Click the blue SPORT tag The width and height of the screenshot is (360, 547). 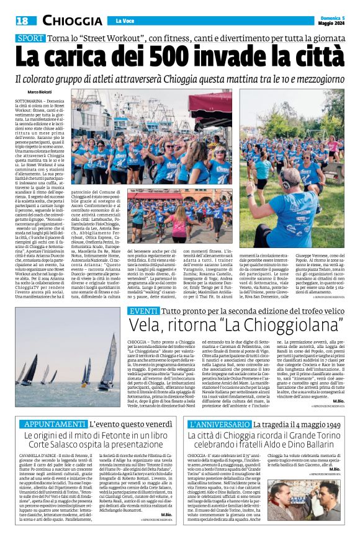[31, 38]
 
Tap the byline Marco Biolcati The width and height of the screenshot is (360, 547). [41, 92]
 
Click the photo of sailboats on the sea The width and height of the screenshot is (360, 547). [69, 371]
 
